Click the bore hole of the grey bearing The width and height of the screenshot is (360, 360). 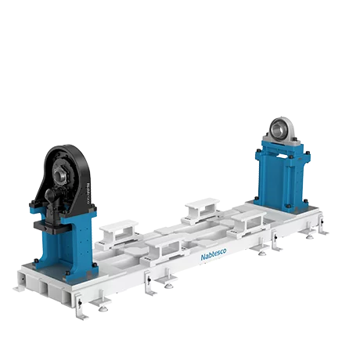point(277,126)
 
